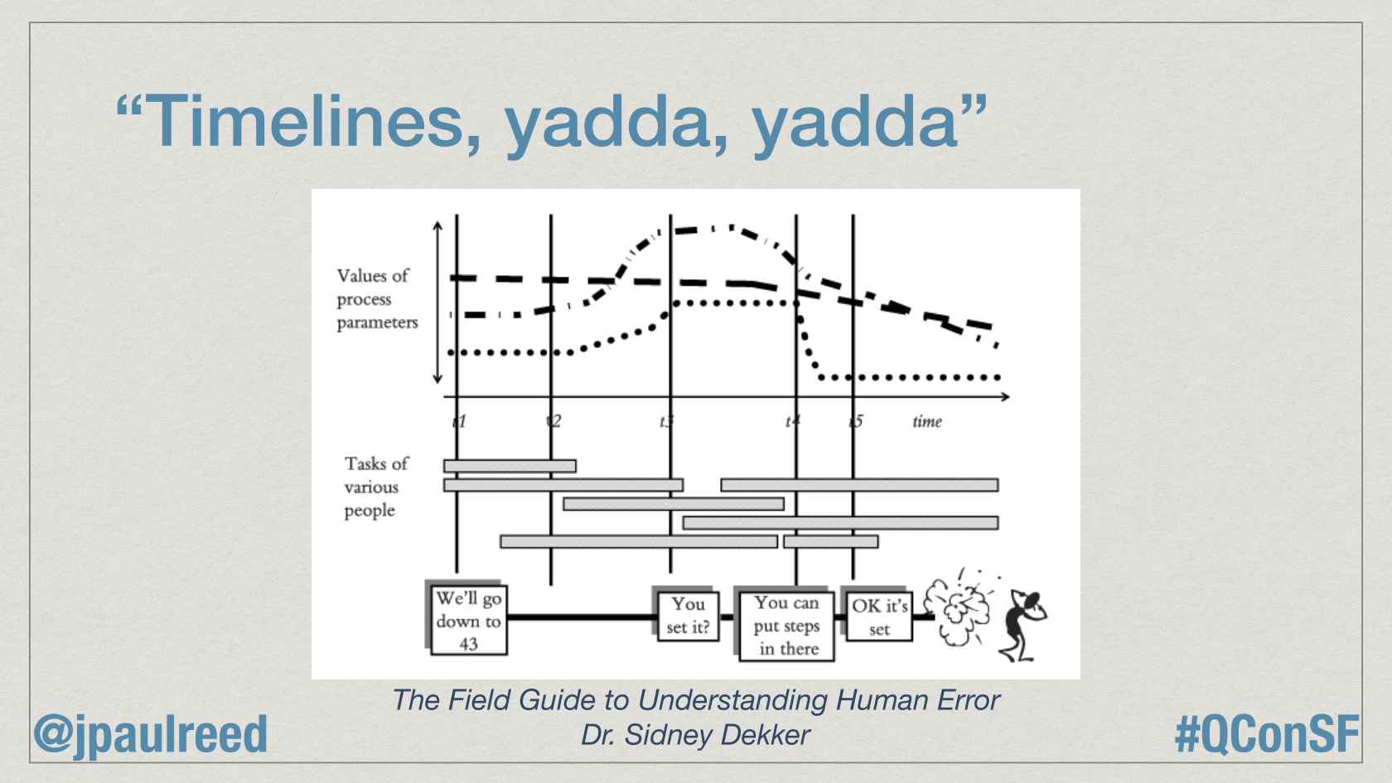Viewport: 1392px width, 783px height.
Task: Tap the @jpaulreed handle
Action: click(x=150, y=734)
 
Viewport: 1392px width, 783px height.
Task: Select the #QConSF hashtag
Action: click(x=1267, y=734)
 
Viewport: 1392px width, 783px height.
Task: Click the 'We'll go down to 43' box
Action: click(x=469, y=620)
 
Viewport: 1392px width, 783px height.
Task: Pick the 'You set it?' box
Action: click(x=688, y=615)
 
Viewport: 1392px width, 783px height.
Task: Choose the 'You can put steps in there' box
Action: click(x=786, y=625)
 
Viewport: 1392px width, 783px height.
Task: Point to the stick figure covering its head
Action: click(x=1022, y=624)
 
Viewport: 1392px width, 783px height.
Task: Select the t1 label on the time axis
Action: click(x=459, y=422)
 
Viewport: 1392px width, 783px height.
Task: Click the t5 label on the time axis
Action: click(x=856, y=422)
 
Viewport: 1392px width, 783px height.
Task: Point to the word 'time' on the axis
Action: click(x=926, y=422)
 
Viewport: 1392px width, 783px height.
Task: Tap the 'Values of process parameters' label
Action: click(x=377, y=299)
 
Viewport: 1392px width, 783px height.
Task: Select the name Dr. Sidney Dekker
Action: click(x=695, y=735)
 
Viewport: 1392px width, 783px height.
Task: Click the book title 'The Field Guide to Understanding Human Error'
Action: click(x=695, y=700)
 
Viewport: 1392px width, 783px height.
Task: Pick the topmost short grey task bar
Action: click(x=510, y=466)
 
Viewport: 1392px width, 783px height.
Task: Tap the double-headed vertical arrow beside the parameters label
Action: click(x=437, y=302)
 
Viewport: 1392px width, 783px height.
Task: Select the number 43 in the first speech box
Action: click(x=469, y=644)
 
